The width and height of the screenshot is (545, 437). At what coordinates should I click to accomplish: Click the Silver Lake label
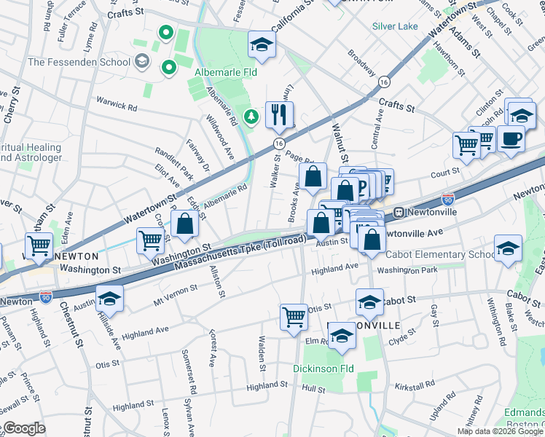point(395,26)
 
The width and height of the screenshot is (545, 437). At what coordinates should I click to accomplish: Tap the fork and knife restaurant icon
point(279,114)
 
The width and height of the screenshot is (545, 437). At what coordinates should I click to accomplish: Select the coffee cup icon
point(511,138)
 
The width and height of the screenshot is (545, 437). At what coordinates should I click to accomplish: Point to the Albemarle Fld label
point(226,73)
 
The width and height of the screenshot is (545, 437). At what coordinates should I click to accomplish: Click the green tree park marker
point(251,117)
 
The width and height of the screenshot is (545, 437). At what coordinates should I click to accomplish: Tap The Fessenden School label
point(79,62)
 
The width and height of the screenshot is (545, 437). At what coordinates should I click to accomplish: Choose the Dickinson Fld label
point(323,369)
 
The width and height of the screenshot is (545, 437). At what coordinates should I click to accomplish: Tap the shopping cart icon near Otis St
point(294,316)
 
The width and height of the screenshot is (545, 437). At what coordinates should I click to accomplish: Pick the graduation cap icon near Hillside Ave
point(109,298)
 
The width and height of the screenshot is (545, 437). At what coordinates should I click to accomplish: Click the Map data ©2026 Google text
point(501,431)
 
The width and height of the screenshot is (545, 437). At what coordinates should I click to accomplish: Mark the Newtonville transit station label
point(424,212)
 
